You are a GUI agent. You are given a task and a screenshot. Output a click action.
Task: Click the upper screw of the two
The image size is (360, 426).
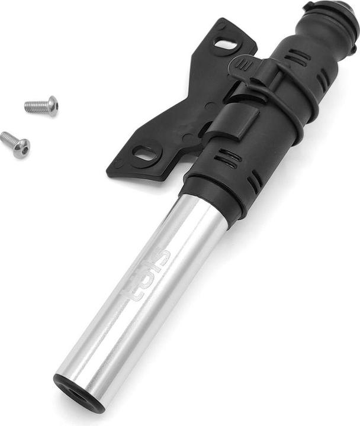pyautogui.click(x=42, y=106)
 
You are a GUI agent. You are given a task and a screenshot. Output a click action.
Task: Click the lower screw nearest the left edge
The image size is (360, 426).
pyautogui.click(x=15, y=144)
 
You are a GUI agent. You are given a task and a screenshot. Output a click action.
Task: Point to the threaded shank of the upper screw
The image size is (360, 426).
pyautogui.click(x=35, y=107)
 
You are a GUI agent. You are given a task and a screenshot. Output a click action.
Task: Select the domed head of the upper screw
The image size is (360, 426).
pyautogui.click(x=52, y=105)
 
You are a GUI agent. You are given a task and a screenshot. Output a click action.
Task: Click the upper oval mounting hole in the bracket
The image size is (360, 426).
pyautogui.click(x=225, y=44)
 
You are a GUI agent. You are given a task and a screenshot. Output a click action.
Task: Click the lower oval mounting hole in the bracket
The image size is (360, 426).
pyautogui.click(x=146, y=154)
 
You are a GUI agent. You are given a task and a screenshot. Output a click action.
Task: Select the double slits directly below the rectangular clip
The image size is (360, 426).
pyautogui.click(x=227, y=158)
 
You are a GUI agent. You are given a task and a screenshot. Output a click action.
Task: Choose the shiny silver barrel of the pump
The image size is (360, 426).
pyautogui.click(x=148, y=290)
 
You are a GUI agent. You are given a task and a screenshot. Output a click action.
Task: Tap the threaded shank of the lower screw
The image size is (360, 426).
pyautogui.click(x=8, y=139)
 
